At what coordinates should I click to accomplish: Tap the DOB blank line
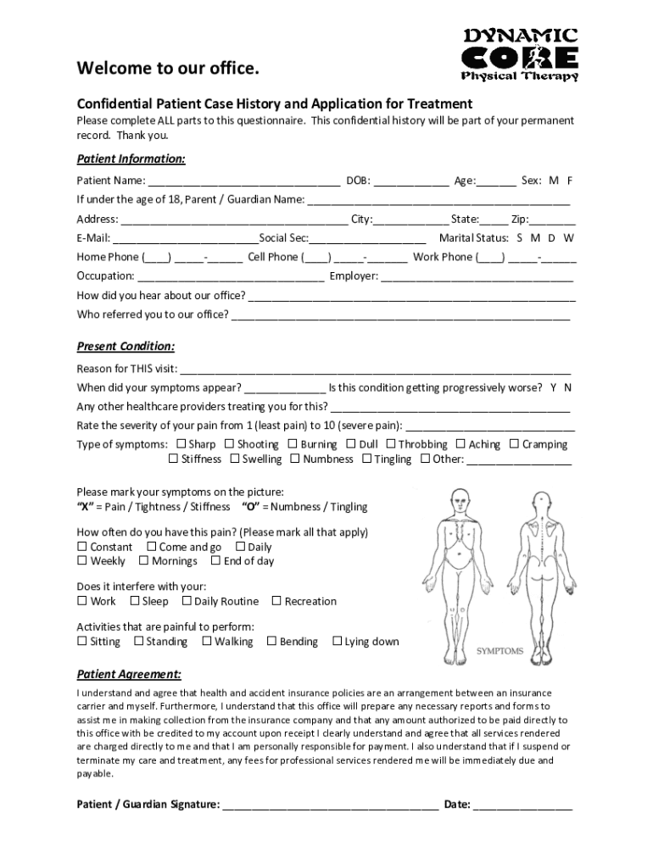pyautogui.click(x=411, y=181)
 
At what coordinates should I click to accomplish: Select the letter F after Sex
pyautogui.click(x=570, y=181)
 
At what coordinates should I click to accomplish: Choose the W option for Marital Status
pyautogui.click(x=568, y=238)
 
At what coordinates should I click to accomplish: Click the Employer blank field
pyautogui.click(x=477, y=276)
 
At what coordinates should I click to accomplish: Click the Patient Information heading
pyautogui.click(x=131, y=159)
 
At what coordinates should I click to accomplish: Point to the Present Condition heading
pyautogui.click(x=126, y=346)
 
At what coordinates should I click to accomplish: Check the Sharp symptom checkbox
pyautogui.click(x=181, y=444)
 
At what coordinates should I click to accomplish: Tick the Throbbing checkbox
pyautogui.click(x=391, y=444)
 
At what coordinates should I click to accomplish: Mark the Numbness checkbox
pyautogui.click(x=295, y=459)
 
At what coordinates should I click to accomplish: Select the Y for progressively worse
pyautogui.click(x=553, y=387)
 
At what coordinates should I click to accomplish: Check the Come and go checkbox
pyautogui.click(x=152, y=548)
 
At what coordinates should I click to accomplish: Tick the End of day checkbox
pyautogui.click(x=216, y=561)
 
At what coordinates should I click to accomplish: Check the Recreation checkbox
pyautogui.click(x=276, y=602)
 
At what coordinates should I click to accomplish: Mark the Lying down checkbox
pyautogui.click(x=337, y=642)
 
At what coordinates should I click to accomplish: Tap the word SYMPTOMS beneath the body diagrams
pyautogui.click(x=500, y=651)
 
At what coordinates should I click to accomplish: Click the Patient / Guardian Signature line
pyautogui.click(x=330, y=805)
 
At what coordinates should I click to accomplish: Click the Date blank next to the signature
pyautogui.click(x=522, y=805)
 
